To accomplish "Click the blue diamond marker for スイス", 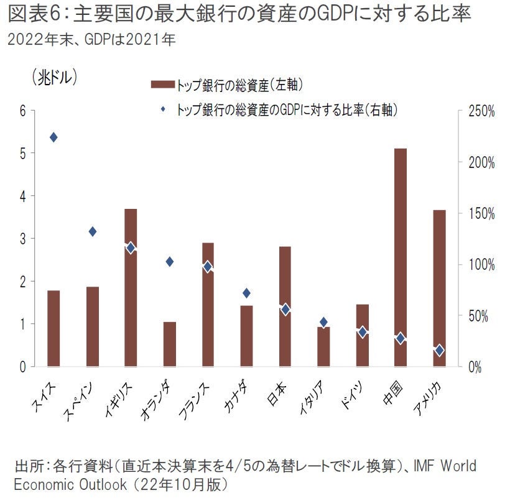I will point(53,137).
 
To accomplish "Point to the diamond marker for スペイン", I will point(93,231).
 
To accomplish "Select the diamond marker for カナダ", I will point(246,293).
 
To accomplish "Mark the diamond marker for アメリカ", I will point(440,351).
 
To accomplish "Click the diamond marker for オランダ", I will point(170,262).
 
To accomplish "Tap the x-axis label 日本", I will point(278,392).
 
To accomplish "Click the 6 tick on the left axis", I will point(23,111).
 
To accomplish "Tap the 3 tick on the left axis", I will point(23,239).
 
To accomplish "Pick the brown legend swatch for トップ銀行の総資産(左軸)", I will point(163,84).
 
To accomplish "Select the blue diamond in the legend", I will point(163,109).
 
